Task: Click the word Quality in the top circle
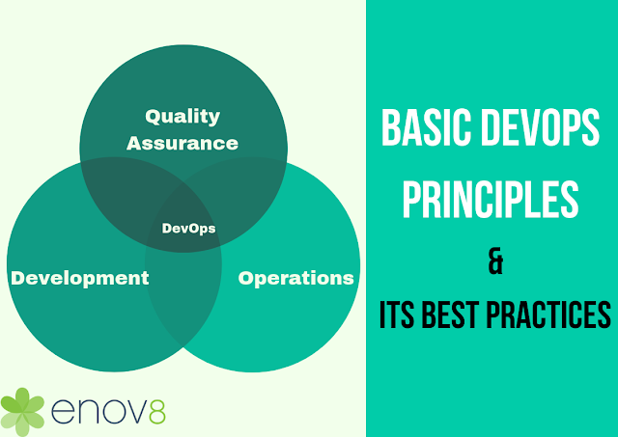click(x=183, y=117)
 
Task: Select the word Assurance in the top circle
click(x=183, y=143)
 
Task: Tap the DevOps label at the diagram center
click(x=188, y=229)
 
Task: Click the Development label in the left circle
click(x=79, y=278)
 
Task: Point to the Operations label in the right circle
click(x=295, y=278)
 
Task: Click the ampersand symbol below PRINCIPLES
click(x=495, y=262)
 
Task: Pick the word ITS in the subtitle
click(x=400, y=315)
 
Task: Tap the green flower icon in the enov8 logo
click(x=22, y=409)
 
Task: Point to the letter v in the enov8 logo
click(x=129, y=412)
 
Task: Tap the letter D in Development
click(x=17, y=278)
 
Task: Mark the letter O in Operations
click(x=246, y=278)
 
